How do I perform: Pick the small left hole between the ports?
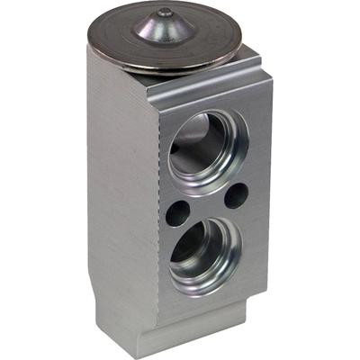pos(177,213)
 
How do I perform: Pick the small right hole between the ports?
pos(237,193)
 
